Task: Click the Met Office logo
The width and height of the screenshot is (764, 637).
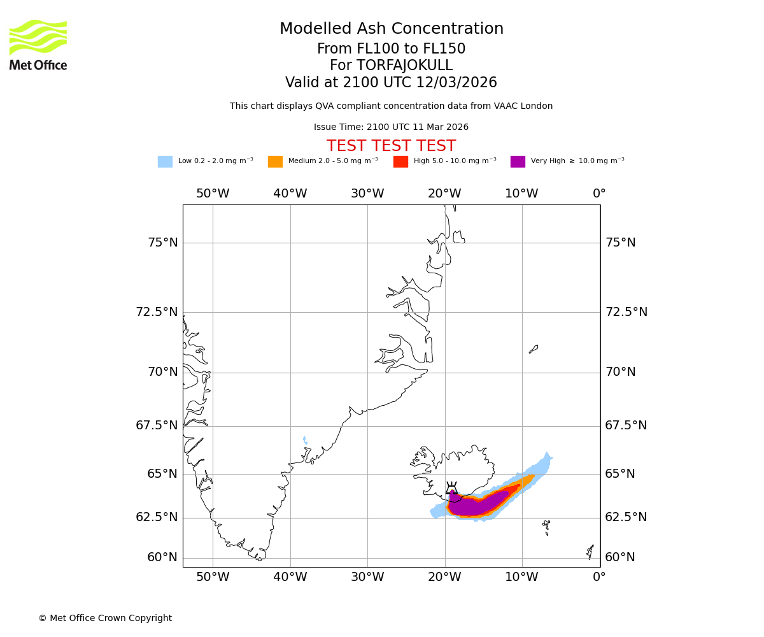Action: point(38,45)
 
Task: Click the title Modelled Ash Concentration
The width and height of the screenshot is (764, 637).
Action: point(392,29)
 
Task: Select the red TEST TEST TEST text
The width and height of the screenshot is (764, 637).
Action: point(391,146)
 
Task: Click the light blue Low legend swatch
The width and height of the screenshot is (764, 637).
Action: point(165,162)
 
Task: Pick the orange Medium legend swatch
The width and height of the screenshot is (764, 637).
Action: point(275,162)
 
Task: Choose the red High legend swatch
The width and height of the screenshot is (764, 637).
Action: point(400,162)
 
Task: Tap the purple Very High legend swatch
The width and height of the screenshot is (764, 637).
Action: point(518,162)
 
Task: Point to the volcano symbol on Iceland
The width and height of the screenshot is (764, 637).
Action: point(451,488)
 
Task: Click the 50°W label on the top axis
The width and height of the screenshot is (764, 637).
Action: point(213,194)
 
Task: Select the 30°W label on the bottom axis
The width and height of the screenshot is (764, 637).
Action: point(367,577)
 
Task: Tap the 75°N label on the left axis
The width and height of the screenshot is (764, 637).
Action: point(163,243)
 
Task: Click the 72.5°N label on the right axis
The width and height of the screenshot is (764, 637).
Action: point(626,312)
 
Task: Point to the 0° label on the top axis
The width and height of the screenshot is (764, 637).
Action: point(599,194)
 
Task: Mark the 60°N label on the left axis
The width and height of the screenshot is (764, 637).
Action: point(162,557)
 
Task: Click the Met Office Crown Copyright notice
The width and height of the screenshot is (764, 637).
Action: point(105,618)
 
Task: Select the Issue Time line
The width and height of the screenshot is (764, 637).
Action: point(391,127)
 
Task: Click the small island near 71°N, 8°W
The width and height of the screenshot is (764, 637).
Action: point(534,349)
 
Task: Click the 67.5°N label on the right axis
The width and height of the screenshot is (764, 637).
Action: point(626,426)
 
